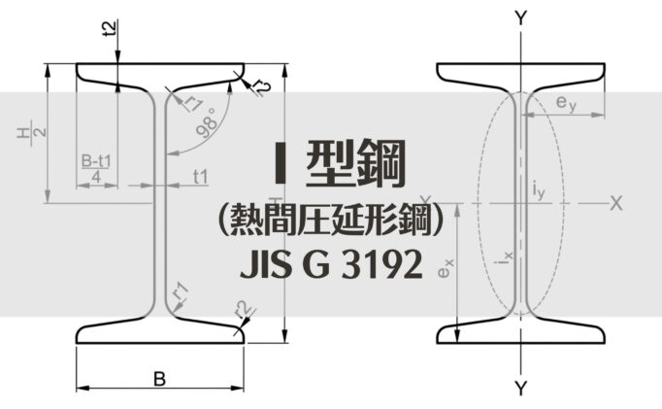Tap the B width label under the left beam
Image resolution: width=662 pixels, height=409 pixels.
[x=159, y=378]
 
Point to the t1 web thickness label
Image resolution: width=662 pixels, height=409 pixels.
[x=201, y=176]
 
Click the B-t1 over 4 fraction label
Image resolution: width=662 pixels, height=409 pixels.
[x=97, y=168]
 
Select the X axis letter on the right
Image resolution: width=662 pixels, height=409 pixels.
[x=615, y=202]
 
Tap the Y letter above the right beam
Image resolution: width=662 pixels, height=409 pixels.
[x=521, y=17]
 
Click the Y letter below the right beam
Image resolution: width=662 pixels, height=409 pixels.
[x=521, y=390]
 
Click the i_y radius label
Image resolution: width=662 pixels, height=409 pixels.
[x=540, y=192]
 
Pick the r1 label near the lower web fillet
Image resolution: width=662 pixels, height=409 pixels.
[x=180, y=290]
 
